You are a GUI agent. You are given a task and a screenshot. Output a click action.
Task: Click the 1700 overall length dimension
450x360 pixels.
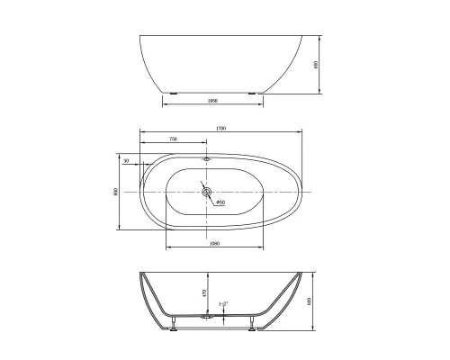[220, 129]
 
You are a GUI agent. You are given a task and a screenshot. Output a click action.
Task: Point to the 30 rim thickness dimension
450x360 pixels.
[126, 161]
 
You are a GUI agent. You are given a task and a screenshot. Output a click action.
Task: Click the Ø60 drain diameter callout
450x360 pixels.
[220, 202]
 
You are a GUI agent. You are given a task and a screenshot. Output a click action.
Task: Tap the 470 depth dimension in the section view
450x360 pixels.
[204, 292]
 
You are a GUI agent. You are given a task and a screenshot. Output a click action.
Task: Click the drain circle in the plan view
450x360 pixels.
[206, 191]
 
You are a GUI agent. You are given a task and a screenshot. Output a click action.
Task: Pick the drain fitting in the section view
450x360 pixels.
[209, 316]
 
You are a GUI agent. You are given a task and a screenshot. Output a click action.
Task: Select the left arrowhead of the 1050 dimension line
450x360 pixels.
[164, 106]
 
